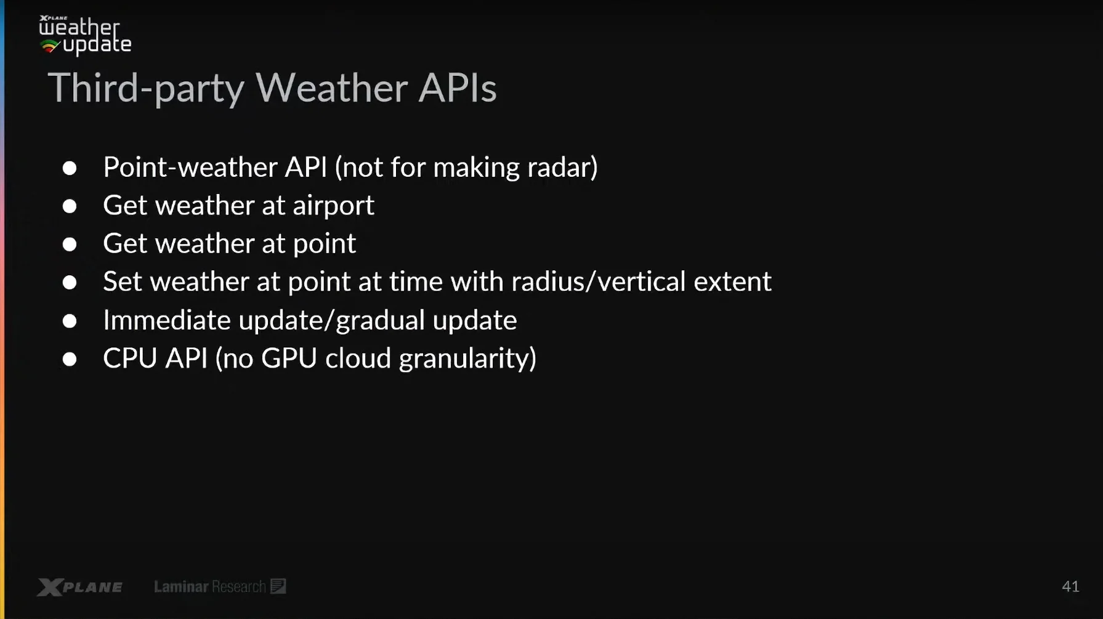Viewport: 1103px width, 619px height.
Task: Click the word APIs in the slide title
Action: (458, 87)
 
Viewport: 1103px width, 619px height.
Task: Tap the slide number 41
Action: (1070, 586)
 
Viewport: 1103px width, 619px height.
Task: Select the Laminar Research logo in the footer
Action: (220, 586)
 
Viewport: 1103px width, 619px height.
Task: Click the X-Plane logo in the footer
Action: (79, 587)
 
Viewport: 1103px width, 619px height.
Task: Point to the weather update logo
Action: (85, 36)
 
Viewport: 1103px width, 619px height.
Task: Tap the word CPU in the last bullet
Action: (130, 358)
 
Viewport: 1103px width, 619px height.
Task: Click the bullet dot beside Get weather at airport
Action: (70, 206)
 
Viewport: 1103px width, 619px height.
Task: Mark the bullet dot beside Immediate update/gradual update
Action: (70, 321)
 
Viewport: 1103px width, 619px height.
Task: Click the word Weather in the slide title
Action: (332, 87)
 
